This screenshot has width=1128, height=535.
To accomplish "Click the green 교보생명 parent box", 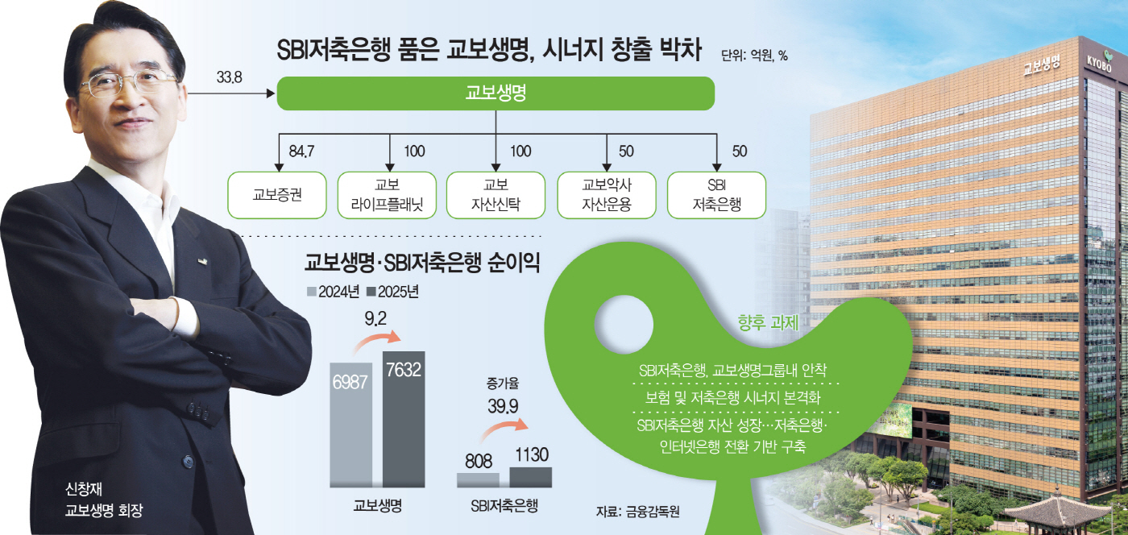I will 496,93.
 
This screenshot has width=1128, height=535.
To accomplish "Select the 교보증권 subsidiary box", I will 276,194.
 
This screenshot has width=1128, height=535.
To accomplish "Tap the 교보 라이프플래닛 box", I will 387,194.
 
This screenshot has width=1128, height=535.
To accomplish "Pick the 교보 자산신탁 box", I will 496,194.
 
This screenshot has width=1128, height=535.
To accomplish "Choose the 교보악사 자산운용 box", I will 606,194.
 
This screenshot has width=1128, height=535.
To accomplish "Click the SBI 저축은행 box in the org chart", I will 716,194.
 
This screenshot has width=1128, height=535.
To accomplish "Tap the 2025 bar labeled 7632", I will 404,419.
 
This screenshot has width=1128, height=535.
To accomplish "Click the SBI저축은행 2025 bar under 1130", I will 531,477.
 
